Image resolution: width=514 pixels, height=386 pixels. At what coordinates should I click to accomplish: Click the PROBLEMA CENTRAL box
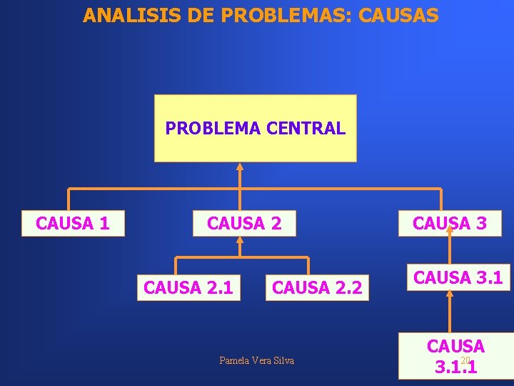click(x=255, y=129)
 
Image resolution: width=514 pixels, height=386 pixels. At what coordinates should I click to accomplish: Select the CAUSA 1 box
click(x=73, y=224)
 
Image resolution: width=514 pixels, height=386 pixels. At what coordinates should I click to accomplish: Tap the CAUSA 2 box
click(x=244, y=224)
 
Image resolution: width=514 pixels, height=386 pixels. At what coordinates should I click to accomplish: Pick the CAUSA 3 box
click(x=450, y=224)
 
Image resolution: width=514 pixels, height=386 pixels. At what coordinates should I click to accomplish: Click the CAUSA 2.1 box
click(x=188, y=287)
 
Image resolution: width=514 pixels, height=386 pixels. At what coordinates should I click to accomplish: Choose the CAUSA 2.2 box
click(x=318, y=287)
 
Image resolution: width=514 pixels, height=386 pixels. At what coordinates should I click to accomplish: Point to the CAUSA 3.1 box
click(x=458, y=277)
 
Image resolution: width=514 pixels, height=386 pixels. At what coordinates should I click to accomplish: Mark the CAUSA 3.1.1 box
click(x=455, y=357)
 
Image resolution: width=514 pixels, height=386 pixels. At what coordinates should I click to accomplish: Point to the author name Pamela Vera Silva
click(x=256, y=360)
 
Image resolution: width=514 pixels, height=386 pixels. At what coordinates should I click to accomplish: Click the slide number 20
click(x=465, y=360)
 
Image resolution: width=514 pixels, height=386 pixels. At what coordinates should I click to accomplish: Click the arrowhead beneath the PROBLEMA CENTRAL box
click(x=240, y=167)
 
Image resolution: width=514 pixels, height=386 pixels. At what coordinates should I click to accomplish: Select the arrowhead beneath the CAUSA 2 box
click(x=240, y=242)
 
